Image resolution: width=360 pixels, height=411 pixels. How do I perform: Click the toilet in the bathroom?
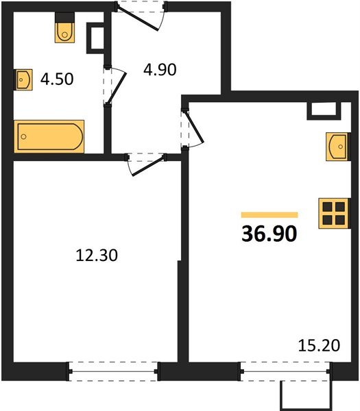pyautogui.click(x=64, y=28)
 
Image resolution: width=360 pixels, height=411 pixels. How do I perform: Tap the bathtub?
pyautogui.click(x=49, y=136)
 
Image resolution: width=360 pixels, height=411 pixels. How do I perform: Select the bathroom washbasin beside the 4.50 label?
pyautogui.click(x=23, y=79)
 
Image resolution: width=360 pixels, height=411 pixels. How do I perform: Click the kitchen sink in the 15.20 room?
pyautogui.click(x=338, y=147)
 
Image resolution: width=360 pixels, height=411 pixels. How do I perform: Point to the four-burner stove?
pyautogui.click(x=335, y=213)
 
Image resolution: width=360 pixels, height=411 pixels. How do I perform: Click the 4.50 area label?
pyautogui.click(x=57, y=79)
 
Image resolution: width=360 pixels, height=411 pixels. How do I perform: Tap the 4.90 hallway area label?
pyautogui.click(x=160, y=70)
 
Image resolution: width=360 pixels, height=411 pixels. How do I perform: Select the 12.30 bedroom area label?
pyautogui.click(x=97, y=256)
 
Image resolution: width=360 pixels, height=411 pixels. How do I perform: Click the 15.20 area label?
pyautogui.click(x=319, y=345)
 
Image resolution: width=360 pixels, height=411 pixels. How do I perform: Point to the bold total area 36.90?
pyautogui.click(x=269, y=234)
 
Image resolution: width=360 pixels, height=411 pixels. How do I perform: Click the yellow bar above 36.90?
pyautogui.click(x=269, y=215)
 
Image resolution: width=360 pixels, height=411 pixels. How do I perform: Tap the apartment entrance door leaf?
pyautogui.click(x=138, y=19)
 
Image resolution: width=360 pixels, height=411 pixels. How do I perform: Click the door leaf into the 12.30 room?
pyautogui.click(x=149, y=166)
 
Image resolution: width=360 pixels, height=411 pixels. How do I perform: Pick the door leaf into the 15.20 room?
pyautogui.click(x=195, y=127)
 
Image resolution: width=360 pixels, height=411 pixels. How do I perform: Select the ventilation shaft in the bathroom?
pyautogui.click(x=96, y=38)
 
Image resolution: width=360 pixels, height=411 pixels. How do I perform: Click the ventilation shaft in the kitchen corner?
pyautogui.click(x=325, y=111)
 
